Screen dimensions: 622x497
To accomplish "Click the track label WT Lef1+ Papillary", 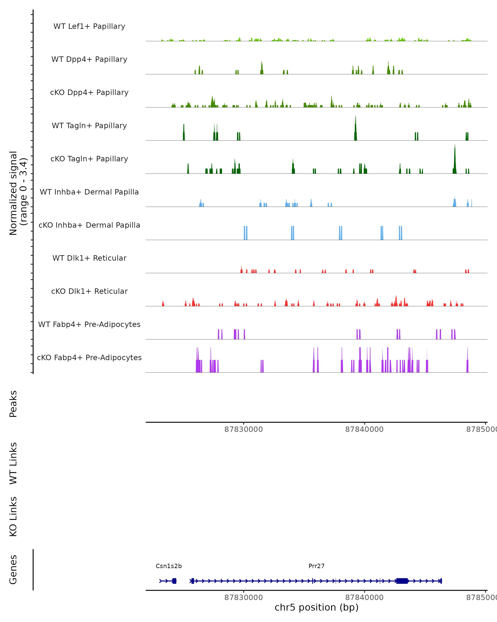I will coord(89,26).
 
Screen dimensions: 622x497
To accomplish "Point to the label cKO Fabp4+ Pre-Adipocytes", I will coord(89,357).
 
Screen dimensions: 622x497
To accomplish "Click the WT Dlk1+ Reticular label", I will coord(89,258).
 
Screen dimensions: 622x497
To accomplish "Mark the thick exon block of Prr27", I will coord(402,581).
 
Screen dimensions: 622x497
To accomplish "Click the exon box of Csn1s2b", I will coord(174,581).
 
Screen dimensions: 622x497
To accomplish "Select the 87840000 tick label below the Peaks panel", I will coord(364,429).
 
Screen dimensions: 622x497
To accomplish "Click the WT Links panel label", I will coord(13,463).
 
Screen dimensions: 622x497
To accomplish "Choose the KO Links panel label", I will coord(13,516).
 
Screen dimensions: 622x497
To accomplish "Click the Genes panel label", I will coord(13,570).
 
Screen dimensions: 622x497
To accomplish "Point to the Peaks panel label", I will coord(13,404).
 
